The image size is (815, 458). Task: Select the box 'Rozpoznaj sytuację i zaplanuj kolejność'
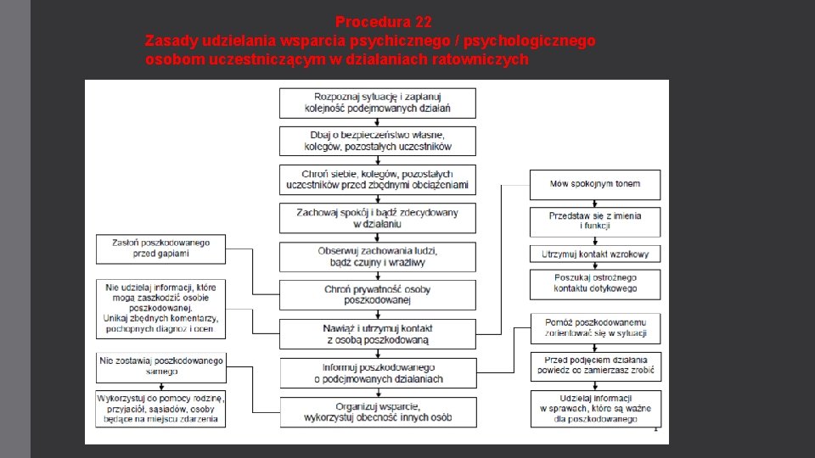click(378, 103)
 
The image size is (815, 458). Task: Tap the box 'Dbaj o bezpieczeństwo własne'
click(378, 141)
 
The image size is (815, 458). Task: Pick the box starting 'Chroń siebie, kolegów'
click(378, 179)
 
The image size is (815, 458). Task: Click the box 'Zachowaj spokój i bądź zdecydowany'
click(378, 218)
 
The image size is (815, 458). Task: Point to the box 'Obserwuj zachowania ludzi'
click(378, 256)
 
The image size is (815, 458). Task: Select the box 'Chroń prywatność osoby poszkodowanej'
click(378, 294)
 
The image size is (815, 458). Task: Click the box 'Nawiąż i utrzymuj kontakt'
click(378, 333)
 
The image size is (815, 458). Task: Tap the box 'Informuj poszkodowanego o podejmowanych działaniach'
click(378, 372)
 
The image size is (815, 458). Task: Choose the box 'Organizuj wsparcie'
click(378, 411)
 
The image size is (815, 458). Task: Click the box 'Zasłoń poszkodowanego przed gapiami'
click(161, 248)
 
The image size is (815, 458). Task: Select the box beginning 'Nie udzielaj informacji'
click(161, 307)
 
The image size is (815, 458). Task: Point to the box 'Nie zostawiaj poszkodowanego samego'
click(161, 366)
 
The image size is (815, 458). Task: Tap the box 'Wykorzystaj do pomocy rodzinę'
click(161, 408)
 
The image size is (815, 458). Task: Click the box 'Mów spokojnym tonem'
click(595, 184)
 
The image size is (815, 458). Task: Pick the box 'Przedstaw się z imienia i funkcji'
click(595, 221)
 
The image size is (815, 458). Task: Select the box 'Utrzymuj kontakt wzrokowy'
click(595, 254)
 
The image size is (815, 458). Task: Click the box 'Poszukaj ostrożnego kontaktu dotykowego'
click(595, 283)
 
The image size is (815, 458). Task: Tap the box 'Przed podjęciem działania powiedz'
click(595, 366)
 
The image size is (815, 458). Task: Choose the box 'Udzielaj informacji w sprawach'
click(595, 409)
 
